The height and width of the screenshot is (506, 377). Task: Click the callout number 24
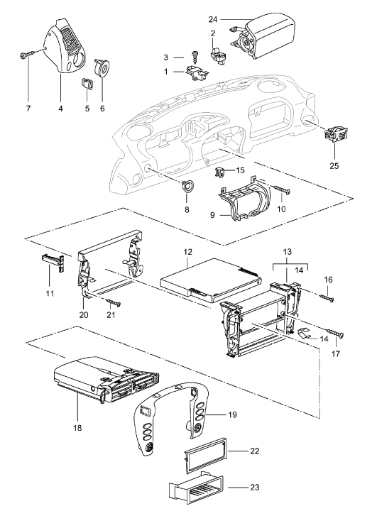(213, 20)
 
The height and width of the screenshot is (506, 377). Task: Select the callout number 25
(334, 165)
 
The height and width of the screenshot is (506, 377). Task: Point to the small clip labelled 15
(219, 172)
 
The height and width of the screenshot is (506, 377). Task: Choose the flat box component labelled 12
(210, 280)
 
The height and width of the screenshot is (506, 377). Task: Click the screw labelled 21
(113, 302)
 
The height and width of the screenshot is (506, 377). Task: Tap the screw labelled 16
(327, 298)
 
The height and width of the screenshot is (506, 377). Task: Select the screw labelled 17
(335, 334)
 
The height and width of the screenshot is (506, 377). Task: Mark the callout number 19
(232, 414)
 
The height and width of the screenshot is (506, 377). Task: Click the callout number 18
(77, 428)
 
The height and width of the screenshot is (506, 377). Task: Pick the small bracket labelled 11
(53, 263)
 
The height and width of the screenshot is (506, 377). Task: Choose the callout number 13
(288, 251)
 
